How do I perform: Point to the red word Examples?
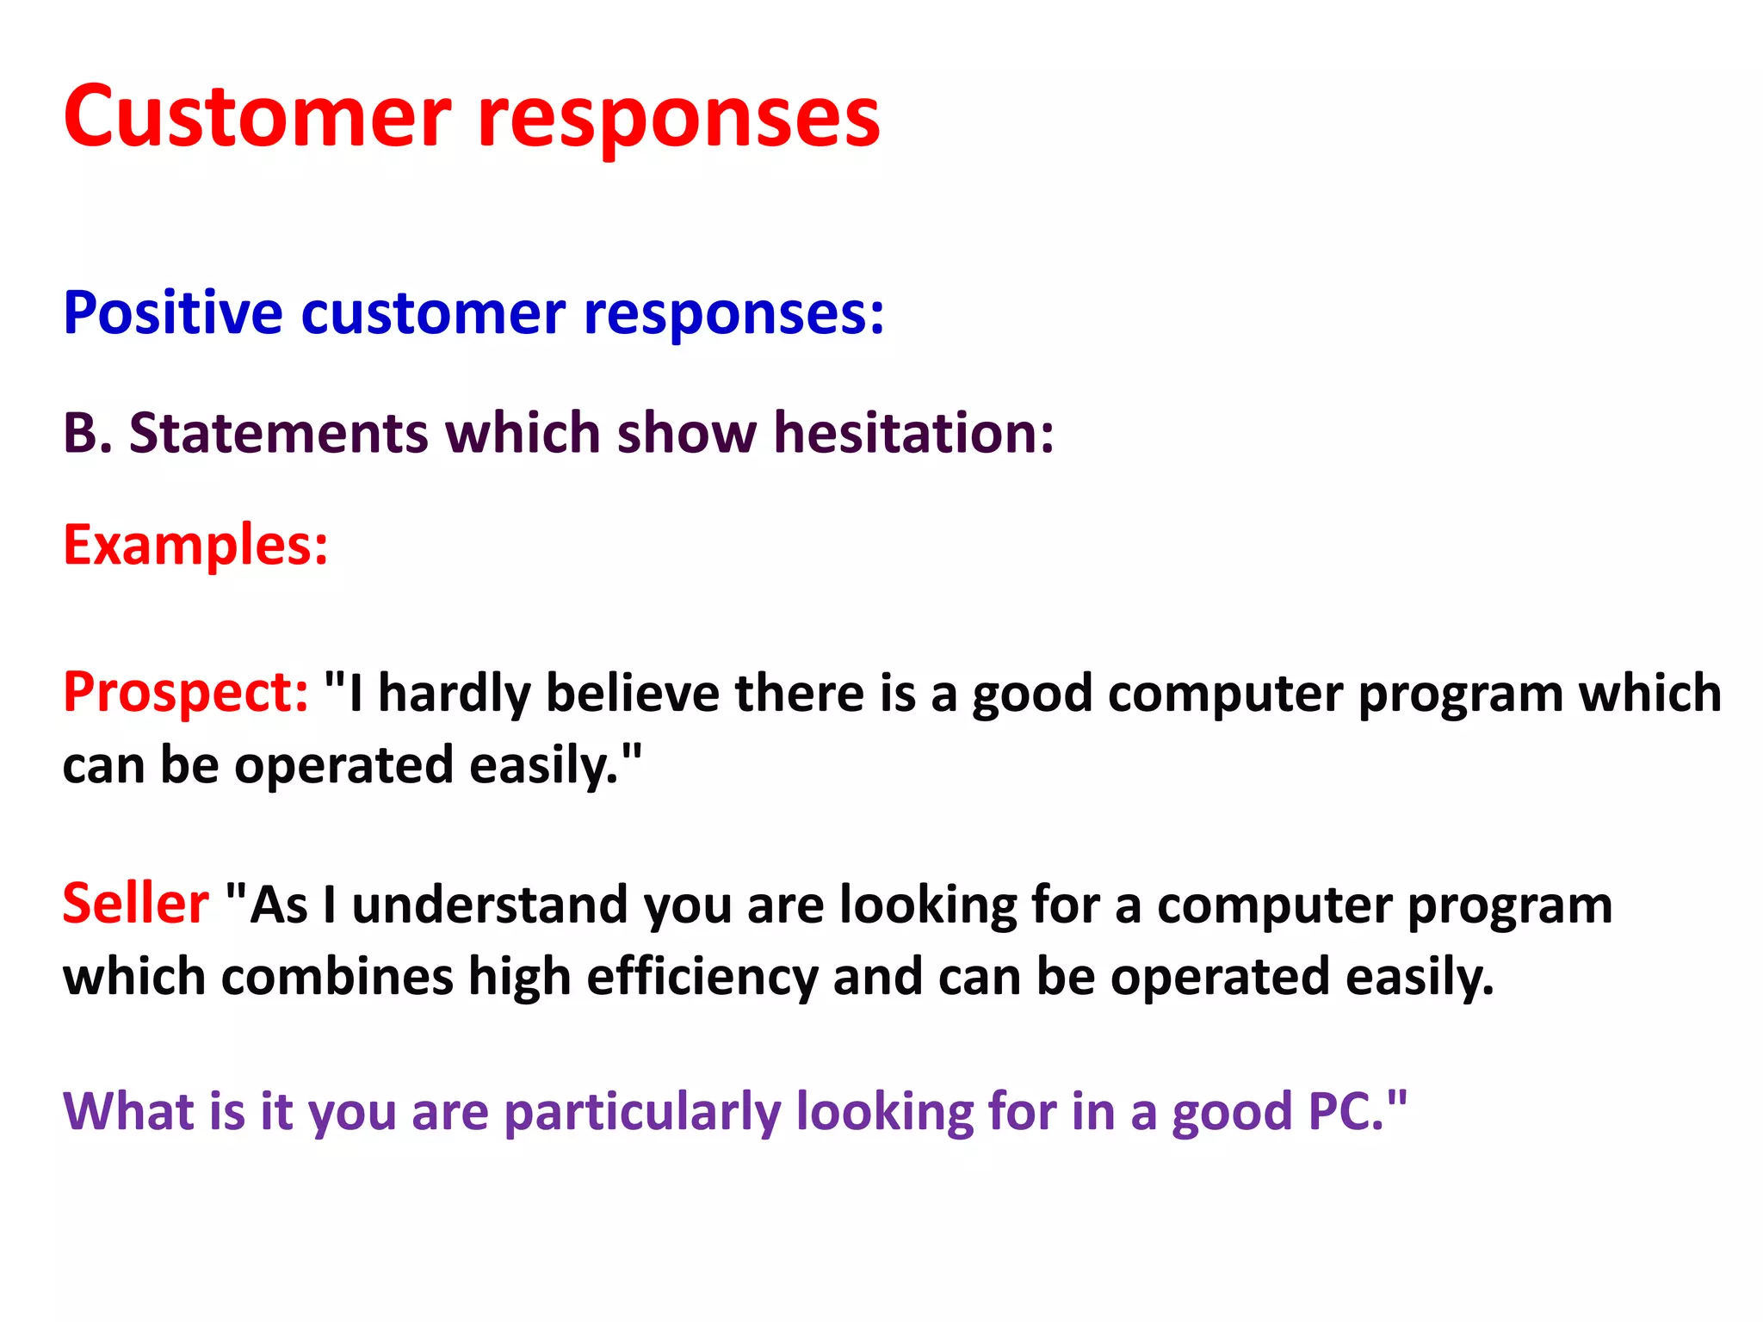pos(195,545)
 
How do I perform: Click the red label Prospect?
pos(185,693)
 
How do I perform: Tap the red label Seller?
pos(135,904)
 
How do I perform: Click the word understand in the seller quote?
pos(490,905)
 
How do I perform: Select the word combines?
pos(337,977)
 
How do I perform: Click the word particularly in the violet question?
pos(642,1112)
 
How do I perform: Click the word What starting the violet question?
pos(128,1110)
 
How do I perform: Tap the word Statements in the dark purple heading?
pos(278,432)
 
